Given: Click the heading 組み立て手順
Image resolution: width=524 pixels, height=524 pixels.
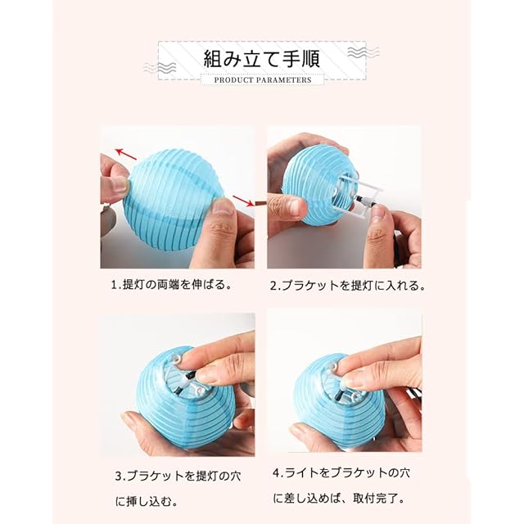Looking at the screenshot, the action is coord(262,59).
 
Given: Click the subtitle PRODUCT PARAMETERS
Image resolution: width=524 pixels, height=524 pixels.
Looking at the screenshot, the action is coord(263,80).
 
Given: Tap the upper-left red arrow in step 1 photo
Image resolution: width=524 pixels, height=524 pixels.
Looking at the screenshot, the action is coord(126,154).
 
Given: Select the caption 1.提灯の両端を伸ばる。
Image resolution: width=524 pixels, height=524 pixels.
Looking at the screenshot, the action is coord(171,285).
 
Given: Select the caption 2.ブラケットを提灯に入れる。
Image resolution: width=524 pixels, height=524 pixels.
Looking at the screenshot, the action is coord(347,286).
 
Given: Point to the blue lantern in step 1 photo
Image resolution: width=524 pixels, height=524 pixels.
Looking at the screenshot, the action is coord(174,200).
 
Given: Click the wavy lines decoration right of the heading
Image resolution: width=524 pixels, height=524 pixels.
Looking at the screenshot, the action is coord(364,52).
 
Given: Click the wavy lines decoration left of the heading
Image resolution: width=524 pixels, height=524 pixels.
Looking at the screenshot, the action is coord(160,68).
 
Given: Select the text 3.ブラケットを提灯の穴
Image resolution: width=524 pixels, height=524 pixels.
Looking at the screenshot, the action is coord(178,476).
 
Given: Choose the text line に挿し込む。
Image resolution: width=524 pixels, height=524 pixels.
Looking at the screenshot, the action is coord(147,501).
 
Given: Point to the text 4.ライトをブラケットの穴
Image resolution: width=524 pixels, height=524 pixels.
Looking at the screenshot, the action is coord(341,473).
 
